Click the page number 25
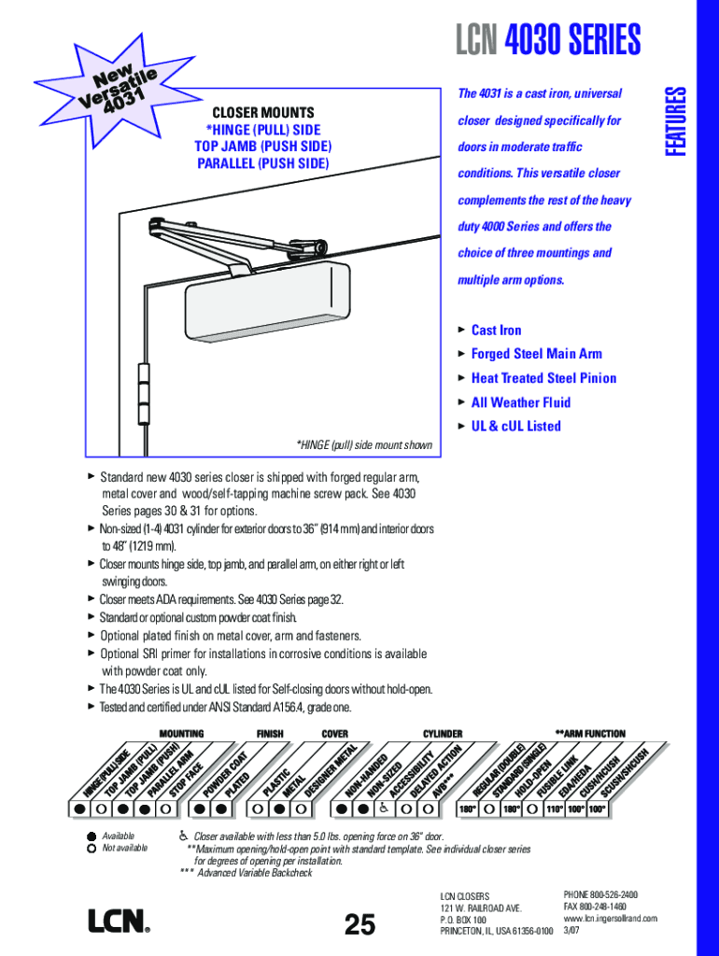pos(359,924)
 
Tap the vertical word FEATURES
pos(675,120)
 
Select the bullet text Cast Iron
pos(496,330)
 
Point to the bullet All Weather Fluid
pos(520,402)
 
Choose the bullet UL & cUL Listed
pos(515,427)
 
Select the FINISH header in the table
pos(270,734)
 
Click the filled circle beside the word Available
pos(91,836)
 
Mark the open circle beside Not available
pos(91,849)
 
